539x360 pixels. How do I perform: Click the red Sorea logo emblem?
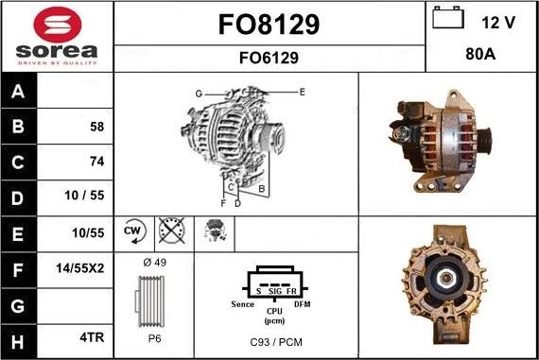coord(58,25)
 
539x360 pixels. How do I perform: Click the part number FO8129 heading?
coord(269,25)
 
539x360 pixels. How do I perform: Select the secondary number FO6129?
coord(269,58)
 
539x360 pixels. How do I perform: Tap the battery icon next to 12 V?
coord(448,17)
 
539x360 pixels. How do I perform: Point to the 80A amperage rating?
coord(480,54)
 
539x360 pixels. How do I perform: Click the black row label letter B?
coord(18,126)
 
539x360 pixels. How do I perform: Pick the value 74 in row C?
coord(97,162)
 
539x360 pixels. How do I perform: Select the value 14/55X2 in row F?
coord(80,268)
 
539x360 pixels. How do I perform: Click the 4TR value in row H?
coord(92,337)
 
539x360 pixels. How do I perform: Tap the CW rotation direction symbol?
coord(134,231)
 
